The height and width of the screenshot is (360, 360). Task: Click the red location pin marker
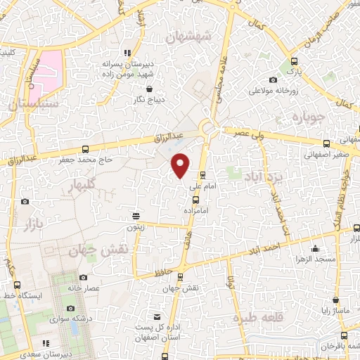coord(181,165)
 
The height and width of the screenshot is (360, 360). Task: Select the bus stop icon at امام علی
coord(202,176)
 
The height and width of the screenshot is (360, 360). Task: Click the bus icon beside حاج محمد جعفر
coord(85,148)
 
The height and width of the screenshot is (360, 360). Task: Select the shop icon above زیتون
coord(136,216)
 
